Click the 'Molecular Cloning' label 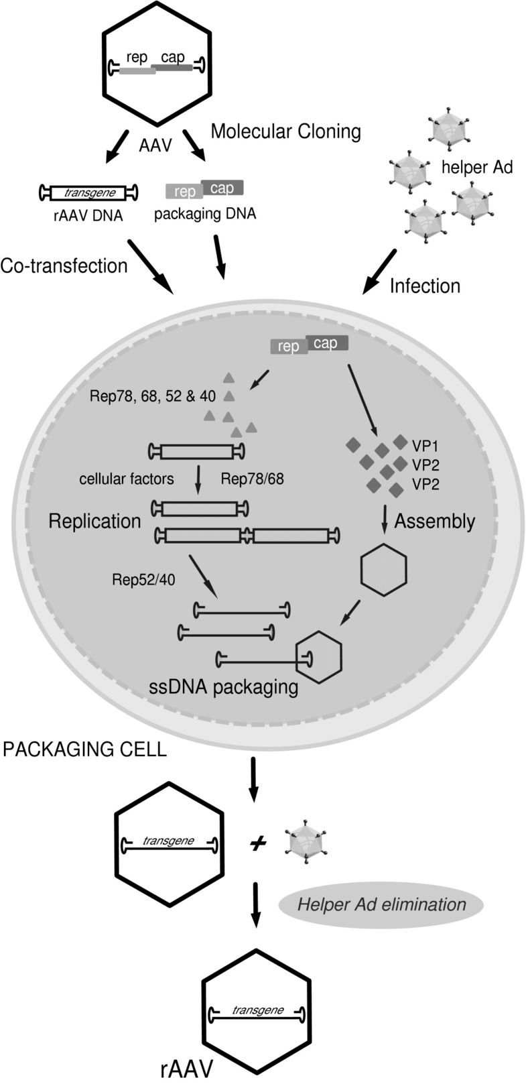tap(285, 131)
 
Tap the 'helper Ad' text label tap(477, 167)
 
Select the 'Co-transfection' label tap(64, 265)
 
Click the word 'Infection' tap(425, 286)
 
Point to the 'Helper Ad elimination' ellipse tap(381, 904)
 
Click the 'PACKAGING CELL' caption tap(84, 749)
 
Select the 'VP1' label tap(425, 445)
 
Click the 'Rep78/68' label tap(252, 479)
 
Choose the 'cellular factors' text tap(127, 479)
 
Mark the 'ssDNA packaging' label tap(224, 686)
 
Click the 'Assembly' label tap(434, 522)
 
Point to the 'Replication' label tap(94, 522)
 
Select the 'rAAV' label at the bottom tap(187, 1069)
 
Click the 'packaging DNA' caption tap(205, 215)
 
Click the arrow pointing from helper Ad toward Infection tap(380, 271)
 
